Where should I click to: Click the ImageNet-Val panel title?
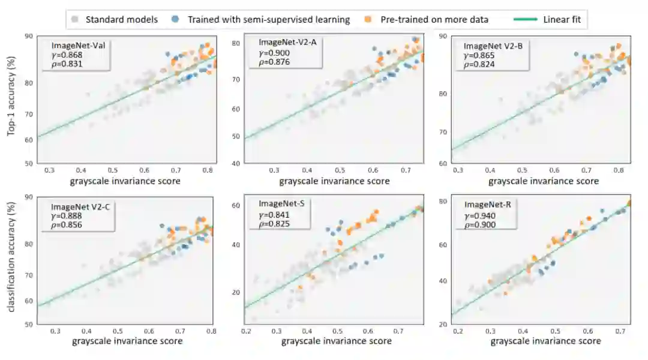[75, 46]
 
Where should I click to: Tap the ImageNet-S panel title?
[281, 203]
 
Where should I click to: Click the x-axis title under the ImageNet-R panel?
[545, 341]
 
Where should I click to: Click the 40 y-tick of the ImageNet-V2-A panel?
[236, 163]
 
